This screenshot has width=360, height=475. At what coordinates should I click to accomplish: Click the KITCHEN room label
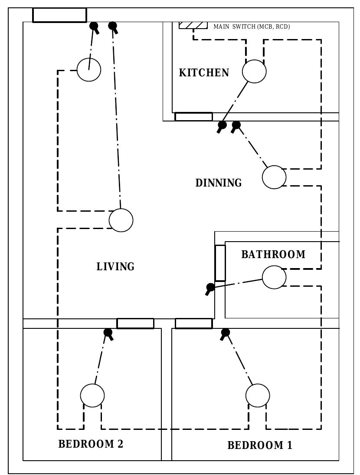point(204,72)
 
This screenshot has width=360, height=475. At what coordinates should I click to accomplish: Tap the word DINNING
point(219,183)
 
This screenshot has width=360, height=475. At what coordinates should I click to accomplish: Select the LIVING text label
point(115,266)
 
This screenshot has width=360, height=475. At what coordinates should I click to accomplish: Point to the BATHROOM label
point(273,255)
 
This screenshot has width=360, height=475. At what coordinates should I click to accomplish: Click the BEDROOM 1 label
point(260,446)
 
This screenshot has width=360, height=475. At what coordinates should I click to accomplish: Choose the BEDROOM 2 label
point(91,444)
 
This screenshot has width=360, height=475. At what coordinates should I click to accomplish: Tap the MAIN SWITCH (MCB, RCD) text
point(252,27)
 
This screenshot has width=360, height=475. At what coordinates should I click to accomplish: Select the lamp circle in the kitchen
point(254,72)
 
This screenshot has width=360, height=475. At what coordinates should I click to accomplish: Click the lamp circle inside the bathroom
point(274,277)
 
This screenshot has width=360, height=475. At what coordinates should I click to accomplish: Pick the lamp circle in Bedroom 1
point(258,396)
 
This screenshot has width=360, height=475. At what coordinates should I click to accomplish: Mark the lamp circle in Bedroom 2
point(92,396)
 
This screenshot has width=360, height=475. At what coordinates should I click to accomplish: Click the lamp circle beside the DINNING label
point(274,177)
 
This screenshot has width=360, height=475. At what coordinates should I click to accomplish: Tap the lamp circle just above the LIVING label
point(121,220)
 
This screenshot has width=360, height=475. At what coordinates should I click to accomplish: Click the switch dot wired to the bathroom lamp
point(210,287)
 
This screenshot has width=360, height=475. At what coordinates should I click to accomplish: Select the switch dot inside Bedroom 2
point(108,333)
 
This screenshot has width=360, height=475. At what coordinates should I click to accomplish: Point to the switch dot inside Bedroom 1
point(225,333)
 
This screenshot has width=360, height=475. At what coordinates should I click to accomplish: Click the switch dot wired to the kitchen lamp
point(222,125)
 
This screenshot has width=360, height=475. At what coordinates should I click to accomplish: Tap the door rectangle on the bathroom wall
point(220,263)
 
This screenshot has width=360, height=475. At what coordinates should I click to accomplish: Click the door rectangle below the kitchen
point(193,117)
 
